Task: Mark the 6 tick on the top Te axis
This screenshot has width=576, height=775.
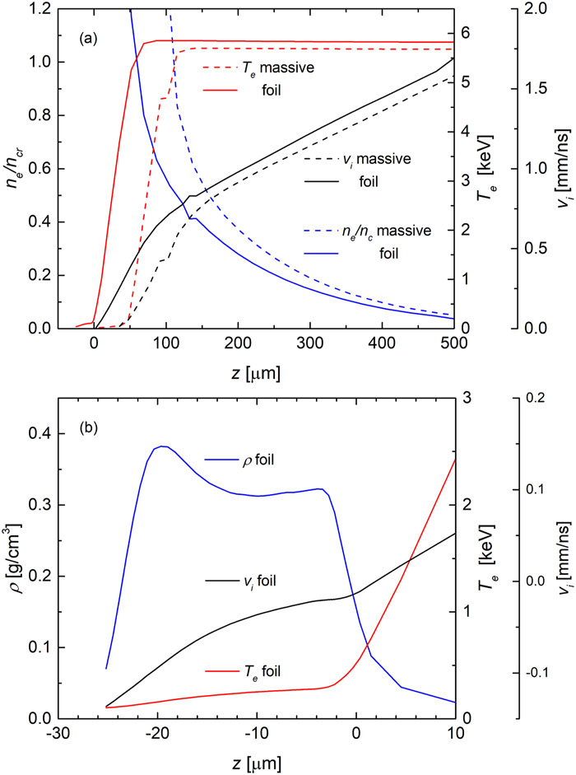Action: (466, 33)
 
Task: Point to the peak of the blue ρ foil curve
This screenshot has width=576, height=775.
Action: (162, 446)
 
